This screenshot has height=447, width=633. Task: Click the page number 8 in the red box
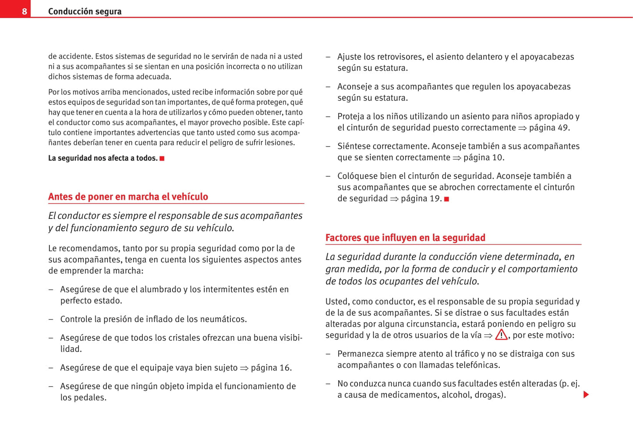click(x=25, y=11)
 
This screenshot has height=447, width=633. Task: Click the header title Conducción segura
click(x=85, y=11)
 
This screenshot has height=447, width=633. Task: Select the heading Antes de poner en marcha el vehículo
click(x=128, y=197)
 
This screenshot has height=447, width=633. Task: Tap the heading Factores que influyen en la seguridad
click(x=405, y=238)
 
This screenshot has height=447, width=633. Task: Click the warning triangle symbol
click(x=501, y=335)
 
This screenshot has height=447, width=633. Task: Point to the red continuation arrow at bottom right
click(x=586, y=395)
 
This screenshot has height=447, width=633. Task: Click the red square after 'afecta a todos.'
click(x=162, y=158)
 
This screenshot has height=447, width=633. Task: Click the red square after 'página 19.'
click(x=446, y=199)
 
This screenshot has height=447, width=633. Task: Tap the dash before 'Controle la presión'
click(x=51, y=319)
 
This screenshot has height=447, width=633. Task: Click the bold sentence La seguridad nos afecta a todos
click(x=103, y=158)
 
